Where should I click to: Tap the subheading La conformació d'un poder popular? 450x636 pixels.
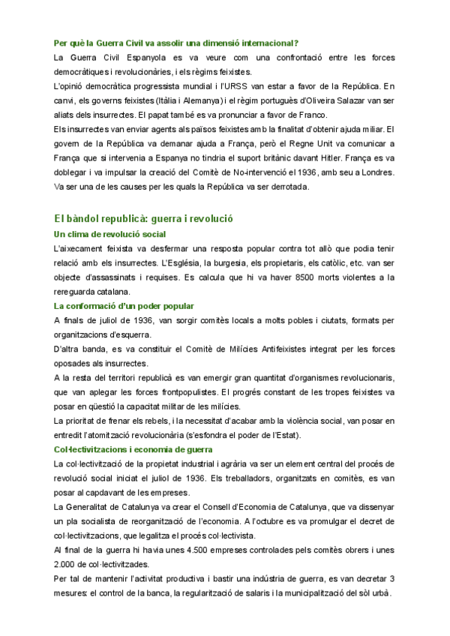tap(124, 306)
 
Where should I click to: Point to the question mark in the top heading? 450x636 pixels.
tap(297, 41)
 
